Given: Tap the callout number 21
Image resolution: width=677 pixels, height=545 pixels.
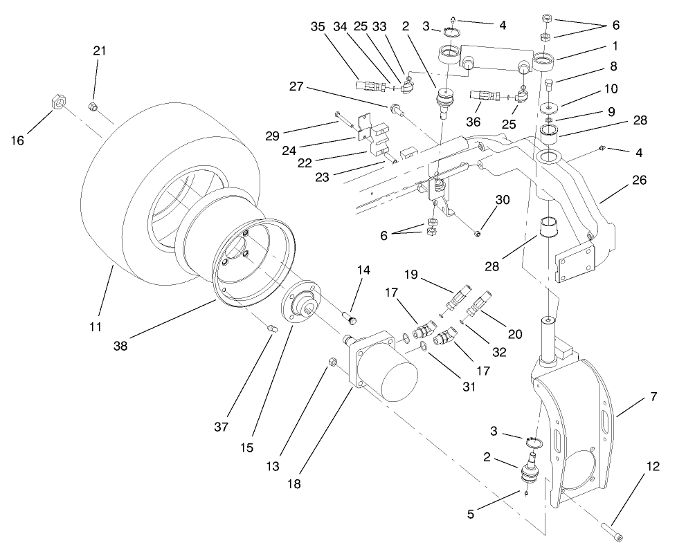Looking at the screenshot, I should coord(99,51).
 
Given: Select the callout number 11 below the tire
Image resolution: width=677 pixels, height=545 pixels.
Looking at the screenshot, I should coord(96,325).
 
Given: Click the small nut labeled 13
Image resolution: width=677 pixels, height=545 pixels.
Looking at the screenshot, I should coord(332,362).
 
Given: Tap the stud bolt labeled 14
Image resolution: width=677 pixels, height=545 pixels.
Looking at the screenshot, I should coord(350,318).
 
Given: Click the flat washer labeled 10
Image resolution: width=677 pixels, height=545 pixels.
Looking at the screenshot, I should coord(550,109).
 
